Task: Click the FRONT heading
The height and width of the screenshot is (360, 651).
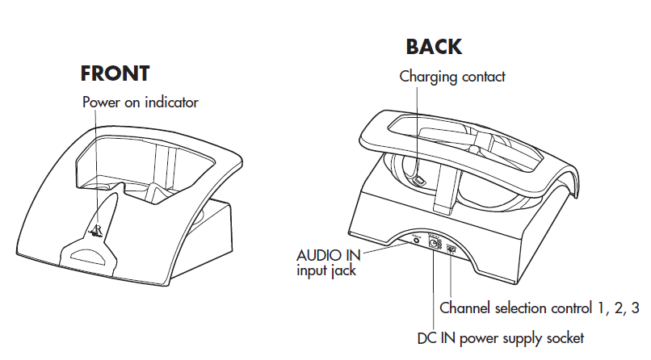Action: click(x=115, y=73)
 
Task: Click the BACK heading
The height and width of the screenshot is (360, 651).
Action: click(x=434, y=47)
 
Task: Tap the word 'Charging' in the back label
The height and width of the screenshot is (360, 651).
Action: click(x=428, y=77)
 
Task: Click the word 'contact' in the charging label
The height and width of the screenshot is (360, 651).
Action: click(x=482, y=77)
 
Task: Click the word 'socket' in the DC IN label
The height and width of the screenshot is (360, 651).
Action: click(x=563, y=337)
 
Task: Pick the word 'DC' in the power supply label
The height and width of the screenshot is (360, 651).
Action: click(x=427, y=337)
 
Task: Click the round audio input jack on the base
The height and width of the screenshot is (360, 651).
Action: click(x=417, y=240)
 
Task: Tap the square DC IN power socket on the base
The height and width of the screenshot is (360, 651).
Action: click(x=434, y=245)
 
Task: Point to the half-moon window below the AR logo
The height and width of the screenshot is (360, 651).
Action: click(x=88, y=257)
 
